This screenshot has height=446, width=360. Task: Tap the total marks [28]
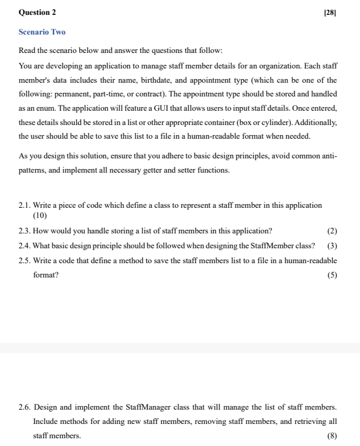(330, 12)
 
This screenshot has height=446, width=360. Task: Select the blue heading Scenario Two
(42, 32)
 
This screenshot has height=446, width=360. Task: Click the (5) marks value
(332, 275)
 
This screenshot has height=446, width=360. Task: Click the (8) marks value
(332, 436)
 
